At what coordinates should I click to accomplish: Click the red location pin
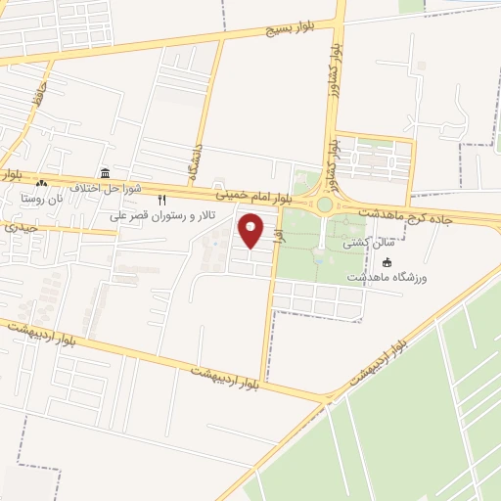click(251, 231)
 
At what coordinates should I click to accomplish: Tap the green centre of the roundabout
click(324, 205)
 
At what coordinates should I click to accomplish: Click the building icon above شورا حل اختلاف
click(105, 172)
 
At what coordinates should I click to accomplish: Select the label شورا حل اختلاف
click(108, 187)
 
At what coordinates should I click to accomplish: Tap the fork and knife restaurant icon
click(162, 199)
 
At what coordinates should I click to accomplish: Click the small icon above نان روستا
click(40, 183)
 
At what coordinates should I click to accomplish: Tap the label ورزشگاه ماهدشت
click(387, 279)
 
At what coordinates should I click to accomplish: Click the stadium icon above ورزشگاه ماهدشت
click(387, 262)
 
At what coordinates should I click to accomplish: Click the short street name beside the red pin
click(279, 237)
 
